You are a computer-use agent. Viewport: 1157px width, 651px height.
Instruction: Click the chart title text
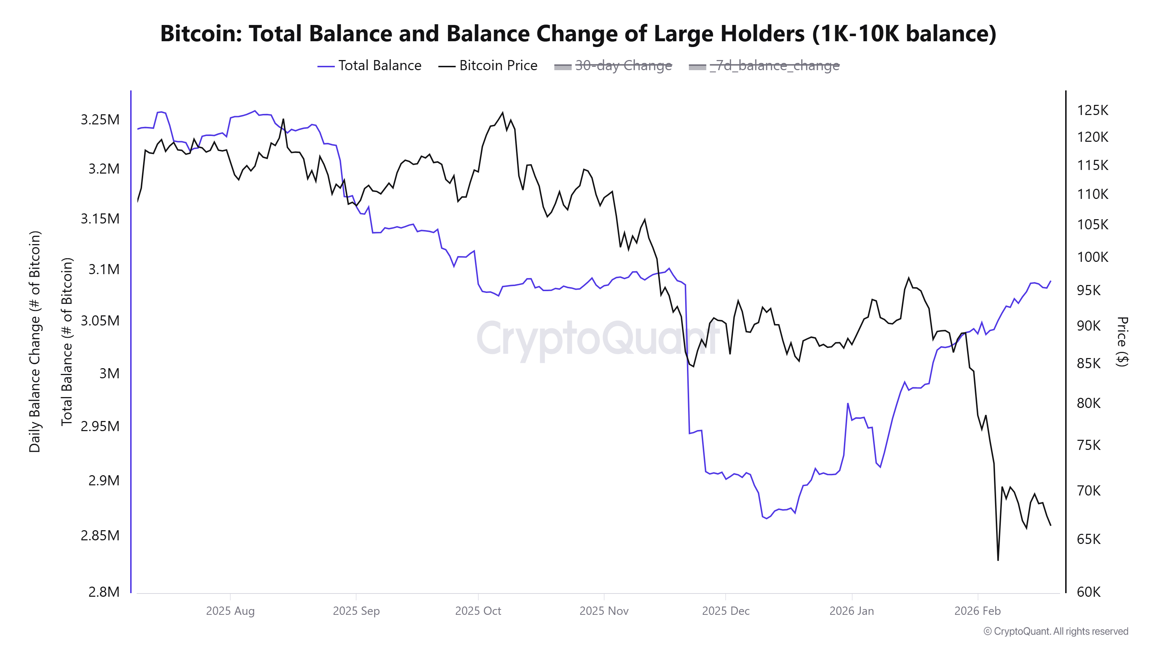click(578, 34)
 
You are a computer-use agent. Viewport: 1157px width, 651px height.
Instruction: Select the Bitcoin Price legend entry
click(488, 65)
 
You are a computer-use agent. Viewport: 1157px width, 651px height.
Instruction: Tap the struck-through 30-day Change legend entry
click(613, 65)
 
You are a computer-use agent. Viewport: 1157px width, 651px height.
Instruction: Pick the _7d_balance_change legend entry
click(764, 65)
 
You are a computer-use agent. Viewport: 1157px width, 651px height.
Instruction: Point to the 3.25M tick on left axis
click(100, 119)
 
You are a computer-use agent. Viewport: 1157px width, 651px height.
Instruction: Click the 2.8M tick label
click(104, 592)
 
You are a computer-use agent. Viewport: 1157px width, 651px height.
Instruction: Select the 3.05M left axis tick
click(100, 320)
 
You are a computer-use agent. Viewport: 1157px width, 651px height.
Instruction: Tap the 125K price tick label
click(1092, 110)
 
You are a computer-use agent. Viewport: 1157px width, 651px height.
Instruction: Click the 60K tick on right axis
click(1088, 592)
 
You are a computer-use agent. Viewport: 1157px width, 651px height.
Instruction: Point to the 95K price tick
click(1088, 290)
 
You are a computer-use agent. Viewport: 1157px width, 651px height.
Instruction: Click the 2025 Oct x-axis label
click(478, 610)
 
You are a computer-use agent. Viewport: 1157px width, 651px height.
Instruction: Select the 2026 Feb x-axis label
click(977, 610)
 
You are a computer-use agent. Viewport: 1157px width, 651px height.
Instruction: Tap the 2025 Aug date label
click(230, 610)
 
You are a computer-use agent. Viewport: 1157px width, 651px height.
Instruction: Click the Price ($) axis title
click(1122, 341)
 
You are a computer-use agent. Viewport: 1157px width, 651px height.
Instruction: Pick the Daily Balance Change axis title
click(35, 341)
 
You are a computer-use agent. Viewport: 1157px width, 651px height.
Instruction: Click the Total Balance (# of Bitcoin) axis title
click(67, 341)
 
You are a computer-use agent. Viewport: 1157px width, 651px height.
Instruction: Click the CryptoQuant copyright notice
click(1055, 631)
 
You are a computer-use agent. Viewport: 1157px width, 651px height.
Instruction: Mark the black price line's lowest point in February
click(998, 560)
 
